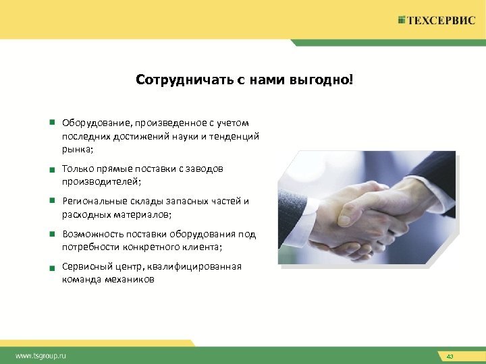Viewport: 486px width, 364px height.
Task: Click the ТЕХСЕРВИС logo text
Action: (441, 20)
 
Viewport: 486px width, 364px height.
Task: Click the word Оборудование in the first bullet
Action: (97, 123)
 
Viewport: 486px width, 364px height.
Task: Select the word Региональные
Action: (93, 201)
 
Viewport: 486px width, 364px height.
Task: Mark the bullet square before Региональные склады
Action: (51, 200)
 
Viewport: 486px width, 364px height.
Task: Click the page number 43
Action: (450, 355)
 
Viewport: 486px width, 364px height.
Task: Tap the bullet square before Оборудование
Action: (51, 123)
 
